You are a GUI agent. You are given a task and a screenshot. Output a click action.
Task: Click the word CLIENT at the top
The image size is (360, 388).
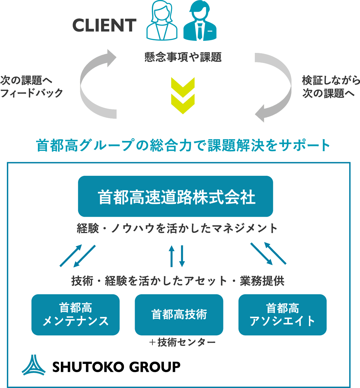pyautogui.click(x=104, y=26)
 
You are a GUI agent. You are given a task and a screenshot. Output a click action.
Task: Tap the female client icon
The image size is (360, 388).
pyautogui.click(x=162, y=21)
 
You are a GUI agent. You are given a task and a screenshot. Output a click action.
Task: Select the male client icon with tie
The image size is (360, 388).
pyautogui.click(x=200, y=21)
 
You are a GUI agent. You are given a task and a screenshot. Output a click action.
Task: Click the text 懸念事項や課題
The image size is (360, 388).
pyautogui.click(x=183, y=57)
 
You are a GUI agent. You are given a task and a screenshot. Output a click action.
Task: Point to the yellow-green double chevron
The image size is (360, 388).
pyautogui.click(x=183, y=95)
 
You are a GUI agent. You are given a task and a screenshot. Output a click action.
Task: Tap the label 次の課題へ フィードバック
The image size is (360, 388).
pyautogui.click(x=31, y=86)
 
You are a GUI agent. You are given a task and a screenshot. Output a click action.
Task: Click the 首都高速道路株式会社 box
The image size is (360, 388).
pyautogui.click(x=176, y=197)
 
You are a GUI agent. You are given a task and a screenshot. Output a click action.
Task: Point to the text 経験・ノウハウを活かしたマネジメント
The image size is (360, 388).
pyautogui.click(x=177, y=228)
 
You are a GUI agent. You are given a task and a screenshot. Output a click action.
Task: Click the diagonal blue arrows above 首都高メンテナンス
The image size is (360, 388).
pyautogui.click(x=78, y=255)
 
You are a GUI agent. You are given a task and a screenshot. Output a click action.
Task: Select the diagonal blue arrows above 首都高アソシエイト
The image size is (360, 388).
pyautogui.click(x=268, y=253)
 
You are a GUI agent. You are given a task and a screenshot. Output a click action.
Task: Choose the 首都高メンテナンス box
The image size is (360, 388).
pyautogui.click(x=75, y=315)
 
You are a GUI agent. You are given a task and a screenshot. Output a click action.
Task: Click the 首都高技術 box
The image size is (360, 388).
pyautogui.click(x=179, y=315)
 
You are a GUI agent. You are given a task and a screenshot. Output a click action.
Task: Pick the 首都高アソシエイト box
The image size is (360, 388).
pyautogui.click(x=282, y=315)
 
